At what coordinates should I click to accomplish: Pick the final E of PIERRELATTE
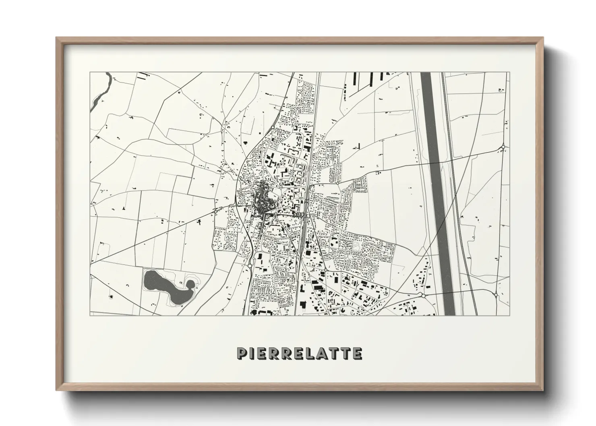(357, 353)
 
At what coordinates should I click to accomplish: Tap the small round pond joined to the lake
(190, 285)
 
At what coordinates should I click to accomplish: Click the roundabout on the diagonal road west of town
(216, 210)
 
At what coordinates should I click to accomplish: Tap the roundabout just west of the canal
(423, 295)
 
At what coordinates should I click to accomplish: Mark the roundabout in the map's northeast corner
(503, 147)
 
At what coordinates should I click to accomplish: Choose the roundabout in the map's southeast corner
(496, 295)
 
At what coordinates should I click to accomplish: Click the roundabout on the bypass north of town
(273, 128)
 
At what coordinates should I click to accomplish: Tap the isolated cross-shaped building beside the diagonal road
(199, 221)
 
